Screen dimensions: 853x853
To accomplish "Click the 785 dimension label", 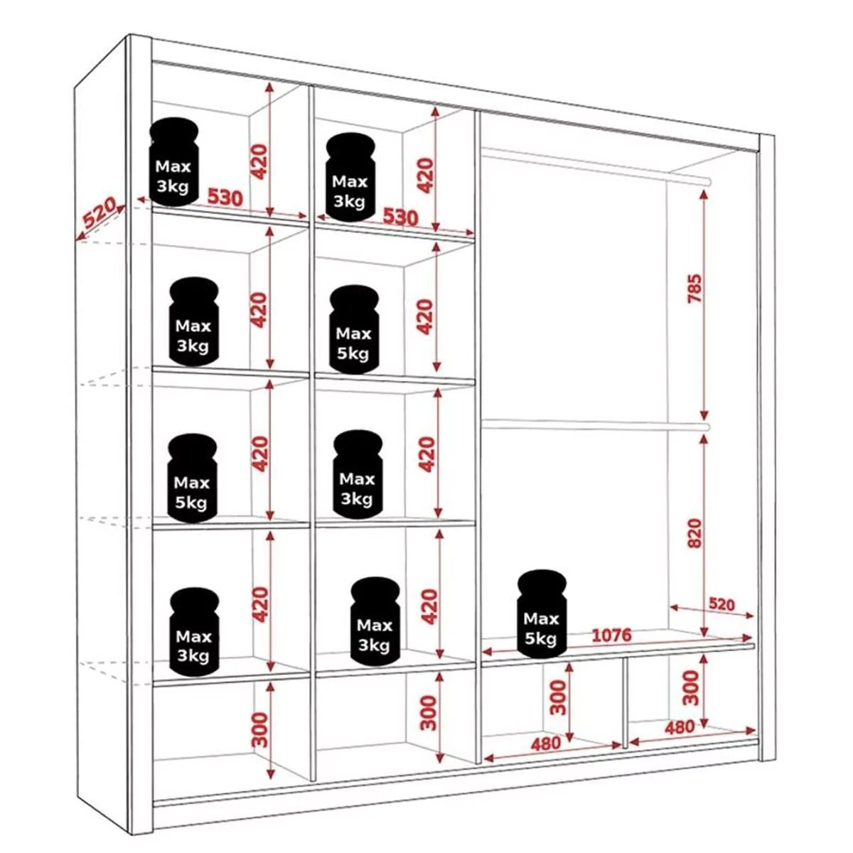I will coord(694,288).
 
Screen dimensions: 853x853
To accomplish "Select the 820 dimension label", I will coord(694,533).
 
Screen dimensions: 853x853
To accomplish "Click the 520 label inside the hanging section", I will coord(721,604).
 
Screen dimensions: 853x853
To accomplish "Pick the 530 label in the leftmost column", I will coord(225,197).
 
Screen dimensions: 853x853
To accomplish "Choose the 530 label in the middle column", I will coord(401,216).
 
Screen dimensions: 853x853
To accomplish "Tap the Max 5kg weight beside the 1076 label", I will coord(542,613).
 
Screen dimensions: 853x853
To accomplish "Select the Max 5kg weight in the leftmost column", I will coord(192,478).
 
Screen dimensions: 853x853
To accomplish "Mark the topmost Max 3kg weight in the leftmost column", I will coord(174,162).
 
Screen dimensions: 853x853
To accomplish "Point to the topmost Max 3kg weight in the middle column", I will coord(350,178).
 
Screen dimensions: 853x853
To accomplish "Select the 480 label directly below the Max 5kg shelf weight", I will coord(545,744).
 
